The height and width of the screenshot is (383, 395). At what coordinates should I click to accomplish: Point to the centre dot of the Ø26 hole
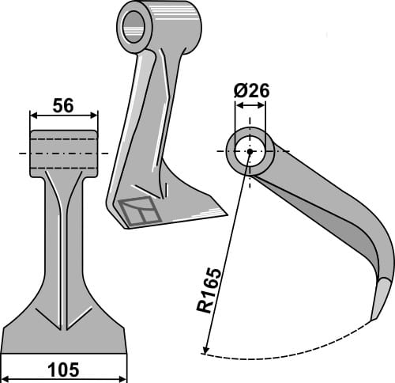(x=250, y=150)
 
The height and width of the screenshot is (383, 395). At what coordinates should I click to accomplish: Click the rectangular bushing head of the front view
(x=64, y=153)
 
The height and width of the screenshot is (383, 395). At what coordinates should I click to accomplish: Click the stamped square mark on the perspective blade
(x=137, y=210)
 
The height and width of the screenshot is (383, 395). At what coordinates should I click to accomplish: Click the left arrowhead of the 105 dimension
(x=5, y=358)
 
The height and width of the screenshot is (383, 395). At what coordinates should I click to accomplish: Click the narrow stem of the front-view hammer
(x=63, y=237)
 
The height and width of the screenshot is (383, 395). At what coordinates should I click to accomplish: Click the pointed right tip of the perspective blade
(x=224, y=212)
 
